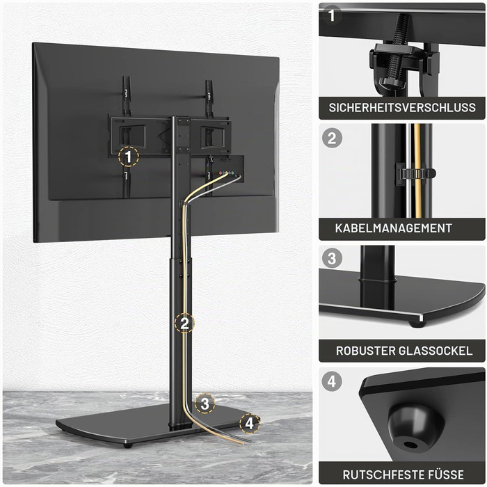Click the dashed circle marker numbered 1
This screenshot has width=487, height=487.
tap(129, 157)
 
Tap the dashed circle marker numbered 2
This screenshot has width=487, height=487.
tap(184, 323)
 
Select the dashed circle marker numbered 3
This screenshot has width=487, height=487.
tap(205, 404)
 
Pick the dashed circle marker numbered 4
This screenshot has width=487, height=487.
tap(250, 423)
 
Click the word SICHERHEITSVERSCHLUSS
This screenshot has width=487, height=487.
tap(402, 107)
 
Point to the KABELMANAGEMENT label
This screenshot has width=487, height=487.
tap(394, 228)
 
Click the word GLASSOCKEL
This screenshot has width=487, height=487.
tap(435, 351)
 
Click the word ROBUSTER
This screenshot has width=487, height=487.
tap(365, 351)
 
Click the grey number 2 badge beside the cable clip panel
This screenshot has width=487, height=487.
tap(332, 138)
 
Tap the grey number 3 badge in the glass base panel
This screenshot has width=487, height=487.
tap(332, 258)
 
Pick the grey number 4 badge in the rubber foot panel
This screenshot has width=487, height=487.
tap(332, 381)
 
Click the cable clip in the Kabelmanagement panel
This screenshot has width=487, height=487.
tap(416, 173)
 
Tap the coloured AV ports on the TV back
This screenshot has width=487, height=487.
tap(227, 173)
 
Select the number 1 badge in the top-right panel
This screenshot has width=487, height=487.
tap(331, 15)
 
